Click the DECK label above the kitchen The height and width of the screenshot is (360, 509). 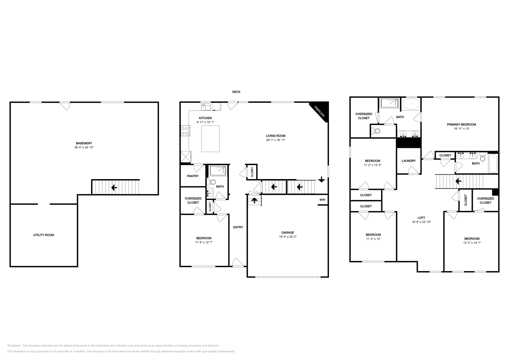(236, 92)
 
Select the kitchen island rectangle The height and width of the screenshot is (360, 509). (211, 139)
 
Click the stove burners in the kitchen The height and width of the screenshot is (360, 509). (185, 131)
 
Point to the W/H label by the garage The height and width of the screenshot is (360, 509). (322, 200)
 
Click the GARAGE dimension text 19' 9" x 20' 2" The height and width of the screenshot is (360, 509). (288, 237)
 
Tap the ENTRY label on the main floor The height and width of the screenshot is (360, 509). (238, 227)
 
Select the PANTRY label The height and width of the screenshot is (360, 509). (193, 176)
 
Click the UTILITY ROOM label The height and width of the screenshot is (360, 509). (44, 235)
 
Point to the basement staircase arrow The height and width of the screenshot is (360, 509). (114, 188)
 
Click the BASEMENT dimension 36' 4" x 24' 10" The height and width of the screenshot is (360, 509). (84, 147)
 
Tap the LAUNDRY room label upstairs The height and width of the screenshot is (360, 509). (408, 161)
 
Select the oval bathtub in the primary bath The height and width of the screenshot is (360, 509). (411, 104)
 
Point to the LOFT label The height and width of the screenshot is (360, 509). (421, 218)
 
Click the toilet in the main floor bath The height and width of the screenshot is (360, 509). (211, 182)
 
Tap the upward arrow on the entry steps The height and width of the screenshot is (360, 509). (254, 200)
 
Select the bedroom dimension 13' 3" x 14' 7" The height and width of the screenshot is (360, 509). (472, 243)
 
